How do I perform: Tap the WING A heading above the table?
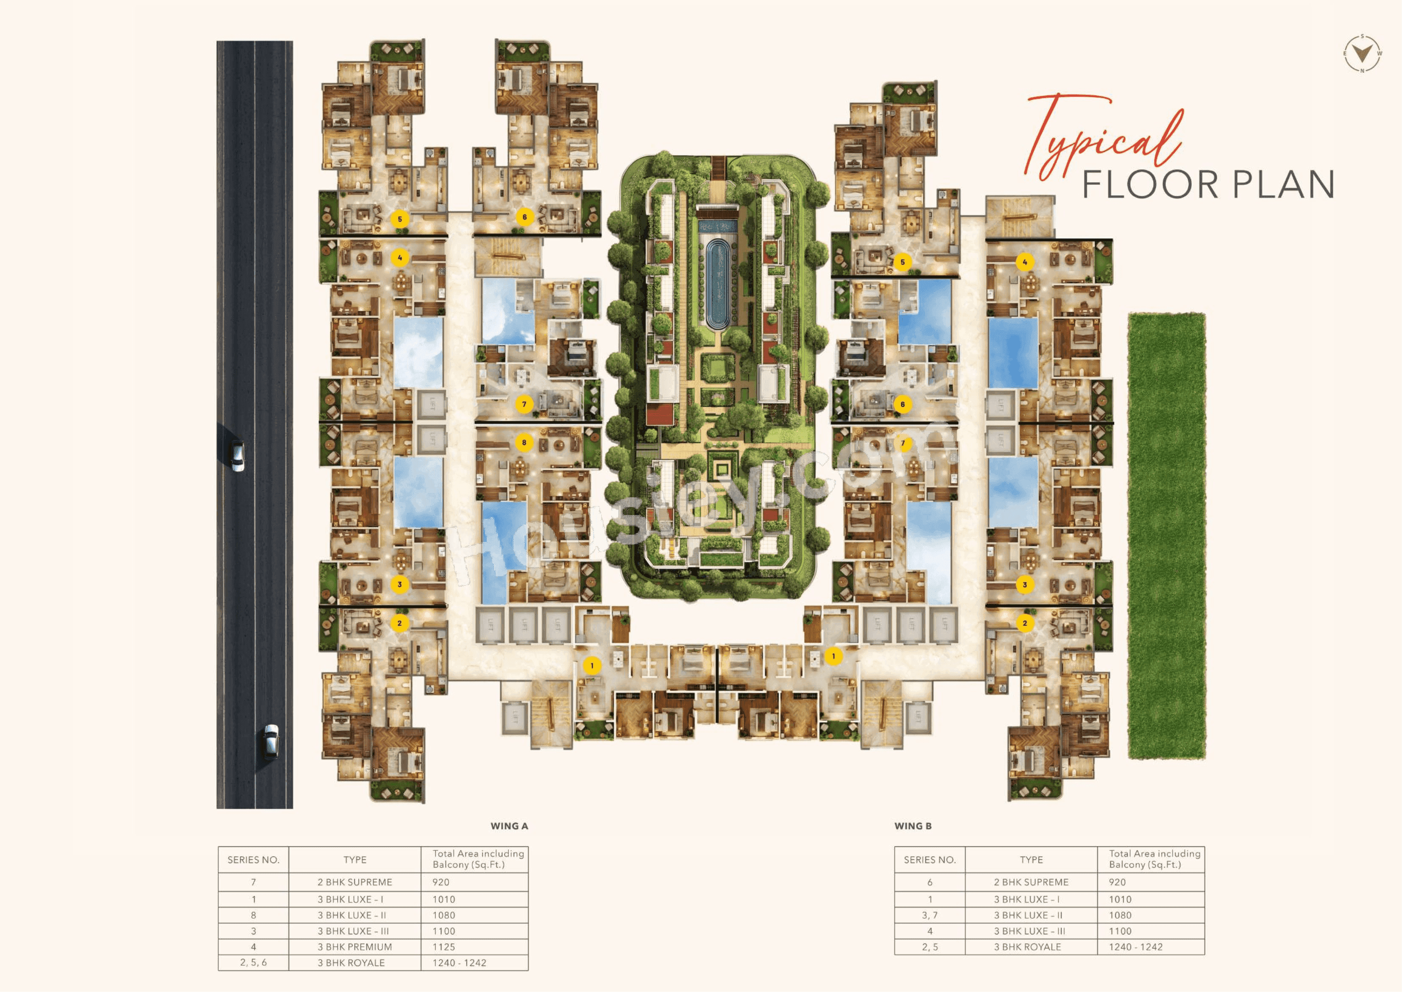(x=509, y=826)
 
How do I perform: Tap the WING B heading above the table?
(x=913, y=826)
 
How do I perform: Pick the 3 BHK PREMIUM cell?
(x=354, y=947)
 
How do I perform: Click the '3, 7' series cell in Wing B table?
(x=929, y=915)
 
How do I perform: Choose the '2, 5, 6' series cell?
(x=253, y=963)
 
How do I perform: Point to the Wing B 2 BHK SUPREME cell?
(x=1031, y=882)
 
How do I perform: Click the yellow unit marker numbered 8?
(x=524, y=442)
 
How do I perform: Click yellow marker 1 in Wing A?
(x=591, y=665)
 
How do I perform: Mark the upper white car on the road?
(x=237, y=456)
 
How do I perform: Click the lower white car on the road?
(x=270, y=741)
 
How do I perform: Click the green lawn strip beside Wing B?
(x=1166, y=536)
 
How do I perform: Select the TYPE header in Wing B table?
(x=1031, y=859)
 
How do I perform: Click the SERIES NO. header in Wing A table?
(x=253, y=859)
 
